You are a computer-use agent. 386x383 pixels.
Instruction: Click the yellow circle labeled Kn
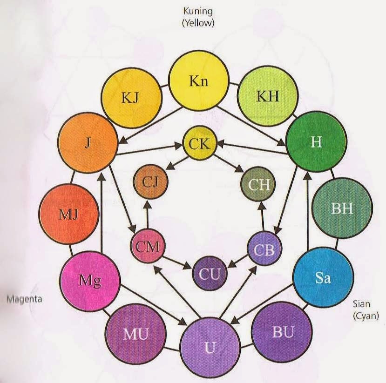pyautogui.click(x=199, y=81)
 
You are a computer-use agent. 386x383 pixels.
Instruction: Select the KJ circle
pyautogui.click(x=132, y=98)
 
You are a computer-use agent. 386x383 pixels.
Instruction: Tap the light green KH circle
pyautogui.click(x=268, y=96)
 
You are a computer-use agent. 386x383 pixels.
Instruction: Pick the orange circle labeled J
pyautogui.click(x=88, y=143)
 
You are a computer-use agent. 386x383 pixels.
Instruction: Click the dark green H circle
pyautogui.click(x=316, y=142)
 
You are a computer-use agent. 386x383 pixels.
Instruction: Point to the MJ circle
pyautogui.click(x=69, y=214)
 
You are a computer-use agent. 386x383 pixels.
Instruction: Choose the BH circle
pyautogui.click(x=342, y=208)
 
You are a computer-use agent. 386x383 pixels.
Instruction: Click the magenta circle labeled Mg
pyautogui.click(x=90, y=281)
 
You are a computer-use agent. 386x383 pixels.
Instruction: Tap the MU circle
pyautogui.click(x=135, y=334)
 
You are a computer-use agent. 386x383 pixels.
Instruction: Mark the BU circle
pyautogui.click(x=282, y=332)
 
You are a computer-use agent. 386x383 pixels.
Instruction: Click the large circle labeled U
pyautogui.click(x=210, y=347)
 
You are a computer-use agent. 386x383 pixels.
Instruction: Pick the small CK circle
pyautogui.click(x=200, y=143)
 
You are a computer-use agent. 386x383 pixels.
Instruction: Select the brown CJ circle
pyautogui.click(x=150, y=182)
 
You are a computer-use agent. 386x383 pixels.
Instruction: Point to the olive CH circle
pyautogui.click(x=258, y=184)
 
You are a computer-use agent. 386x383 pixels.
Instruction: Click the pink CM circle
pyautogui.click(x=148, y=246)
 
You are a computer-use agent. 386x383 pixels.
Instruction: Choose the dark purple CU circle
pyautogui.click(x=210, y=274)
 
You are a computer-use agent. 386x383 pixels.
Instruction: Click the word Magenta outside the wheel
pyautogui.click(x=24, y=299)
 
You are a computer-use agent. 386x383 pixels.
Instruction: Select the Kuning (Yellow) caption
pyautogui.click(x=198, y=17)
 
